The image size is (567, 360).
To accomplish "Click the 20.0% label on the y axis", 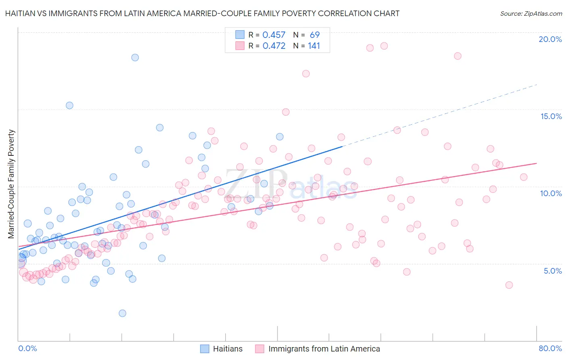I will (550, 39).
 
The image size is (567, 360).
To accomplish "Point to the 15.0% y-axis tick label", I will (551, 116).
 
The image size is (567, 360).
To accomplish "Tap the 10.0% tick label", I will (551, 193).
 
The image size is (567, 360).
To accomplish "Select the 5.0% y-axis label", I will (552, 271).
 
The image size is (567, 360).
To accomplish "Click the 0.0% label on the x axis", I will (27, 348).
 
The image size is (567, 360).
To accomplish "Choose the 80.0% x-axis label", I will (550, 348).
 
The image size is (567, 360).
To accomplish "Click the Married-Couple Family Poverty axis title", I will (11, 184).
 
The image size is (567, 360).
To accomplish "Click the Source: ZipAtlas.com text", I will (531, 13).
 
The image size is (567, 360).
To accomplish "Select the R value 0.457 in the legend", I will (274, 35).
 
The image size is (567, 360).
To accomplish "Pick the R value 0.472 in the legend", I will (274, 46).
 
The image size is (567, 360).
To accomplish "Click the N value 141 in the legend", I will (314, 46).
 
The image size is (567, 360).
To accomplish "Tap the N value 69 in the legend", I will (315, 35).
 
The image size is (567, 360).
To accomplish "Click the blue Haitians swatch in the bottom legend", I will (205, 349).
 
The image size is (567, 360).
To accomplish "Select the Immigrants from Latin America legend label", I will (324, 349).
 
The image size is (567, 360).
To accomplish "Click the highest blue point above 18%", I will (135, 57).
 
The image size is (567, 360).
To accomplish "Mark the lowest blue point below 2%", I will (123, 313).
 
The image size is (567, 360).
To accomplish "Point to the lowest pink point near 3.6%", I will (509, 285).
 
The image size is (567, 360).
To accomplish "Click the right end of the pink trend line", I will (537, 163).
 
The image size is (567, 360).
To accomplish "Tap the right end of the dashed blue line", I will (537, 85).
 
